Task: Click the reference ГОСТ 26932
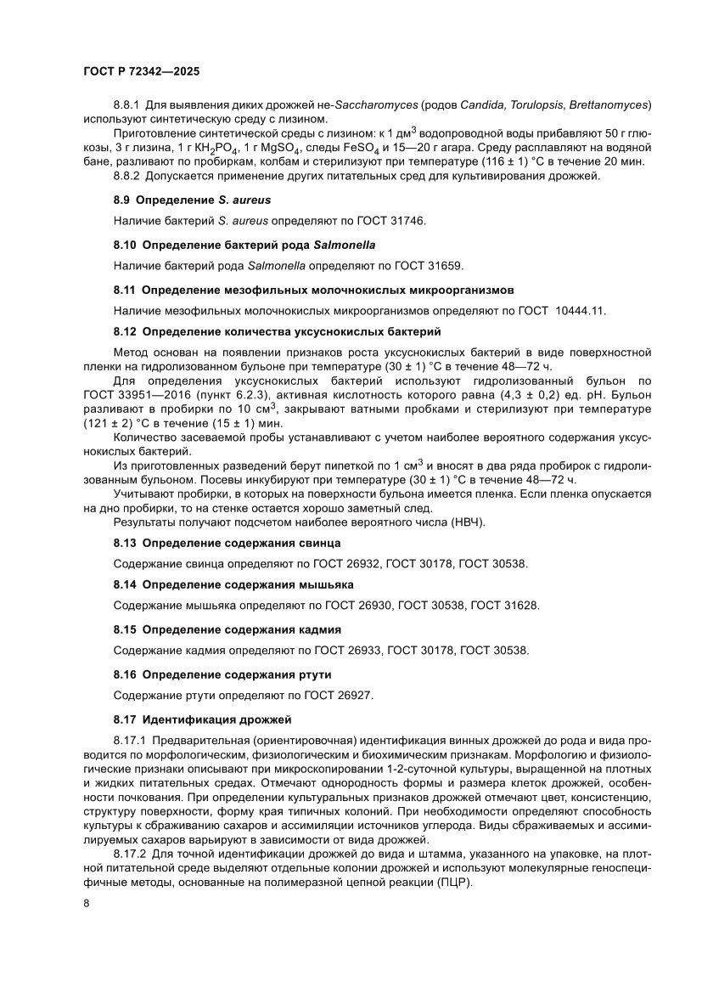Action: (x=348, y=562)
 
